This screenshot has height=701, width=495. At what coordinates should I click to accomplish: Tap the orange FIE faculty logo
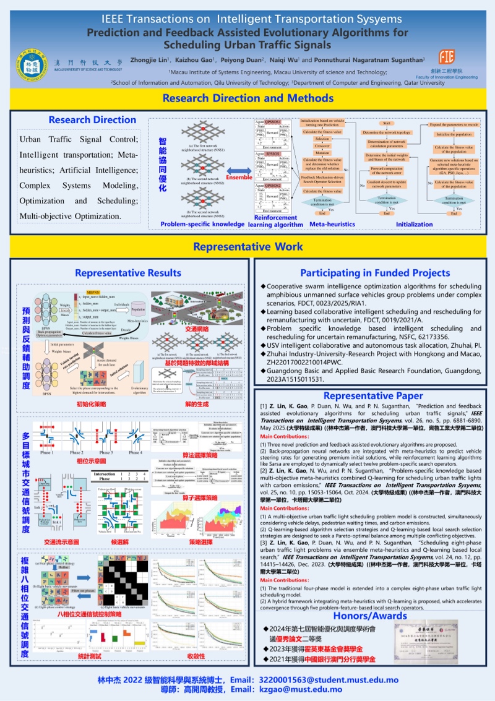pos(446,58)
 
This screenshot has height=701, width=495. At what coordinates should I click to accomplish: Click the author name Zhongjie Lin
pos(148,60)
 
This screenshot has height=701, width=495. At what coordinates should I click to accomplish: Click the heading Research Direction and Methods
pos(247,98)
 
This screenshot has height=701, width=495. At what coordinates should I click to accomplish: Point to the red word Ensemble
pos(239,178)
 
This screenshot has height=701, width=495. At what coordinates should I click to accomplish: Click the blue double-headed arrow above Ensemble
pos(238,168)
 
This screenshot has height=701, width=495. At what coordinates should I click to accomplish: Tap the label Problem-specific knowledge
pos(202,224)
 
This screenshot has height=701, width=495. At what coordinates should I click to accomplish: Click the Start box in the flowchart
pos(387,124)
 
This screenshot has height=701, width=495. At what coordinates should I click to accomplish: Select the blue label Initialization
pos(415,224)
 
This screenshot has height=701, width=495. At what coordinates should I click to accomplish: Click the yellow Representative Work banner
pos(247,247)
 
